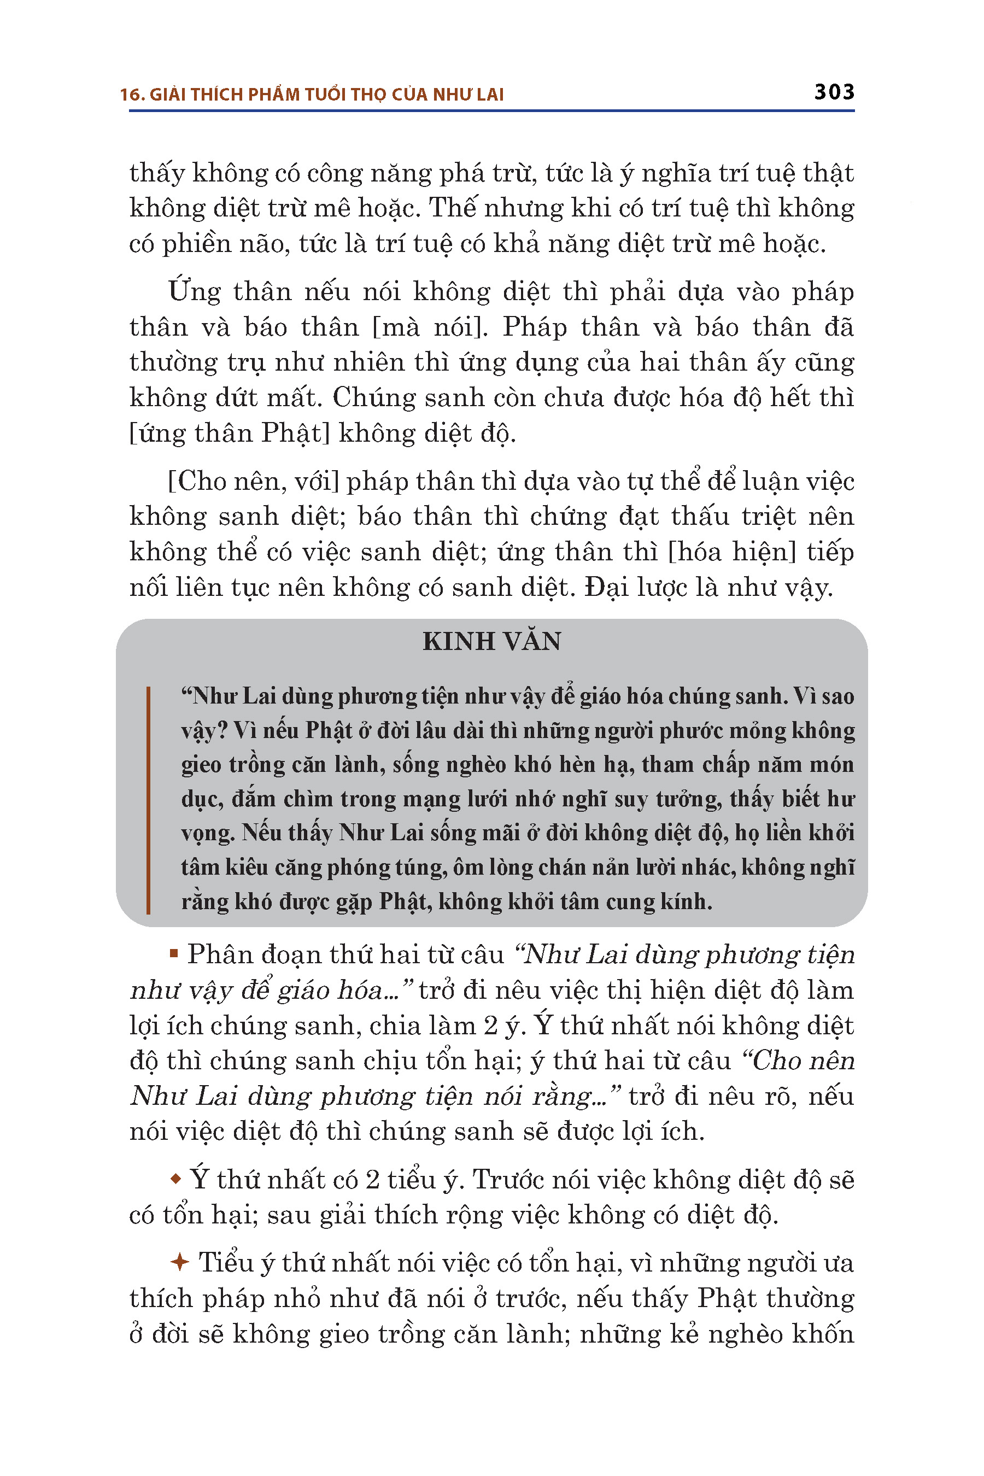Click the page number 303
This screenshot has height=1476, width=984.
[834, 92]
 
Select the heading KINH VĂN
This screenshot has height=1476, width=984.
[492, 641]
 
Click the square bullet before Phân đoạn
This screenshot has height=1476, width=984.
[174, 954]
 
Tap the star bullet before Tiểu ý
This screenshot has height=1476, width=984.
[179, 1262]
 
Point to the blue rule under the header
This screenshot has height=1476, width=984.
[492, 111]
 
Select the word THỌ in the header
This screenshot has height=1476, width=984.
[368, 95]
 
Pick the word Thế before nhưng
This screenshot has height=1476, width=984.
[453, 208]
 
